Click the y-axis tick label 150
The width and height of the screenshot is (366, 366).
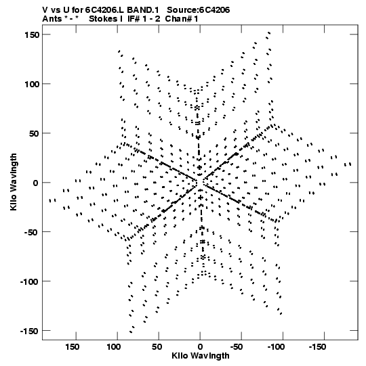click(x=32, y=35)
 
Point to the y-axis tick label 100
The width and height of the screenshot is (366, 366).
click(x=32, y=85)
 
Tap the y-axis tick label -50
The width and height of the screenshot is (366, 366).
click(x=30, y=232)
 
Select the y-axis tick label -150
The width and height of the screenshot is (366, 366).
click(x=29, y=331)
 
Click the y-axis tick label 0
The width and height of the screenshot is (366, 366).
click(x=35, y=183)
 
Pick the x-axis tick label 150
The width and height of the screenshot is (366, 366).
click(x=72, y=347)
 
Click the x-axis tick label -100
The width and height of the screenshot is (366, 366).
click(x=276, y=347)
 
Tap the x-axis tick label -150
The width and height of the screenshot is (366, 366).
click(x=317, y=347)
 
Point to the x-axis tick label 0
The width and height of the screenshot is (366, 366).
click(x=200, y=347)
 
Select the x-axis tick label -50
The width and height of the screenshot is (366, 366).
click(x=237, y=347)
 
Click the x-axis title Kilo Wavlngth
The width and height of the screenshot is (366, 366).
click(x=201, y=356)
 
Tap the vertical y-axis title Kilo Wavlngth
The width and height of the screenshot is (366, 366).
click(x=14, y=182)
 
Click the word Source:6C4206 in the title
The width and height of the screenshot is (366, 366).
click(x=199, y=10)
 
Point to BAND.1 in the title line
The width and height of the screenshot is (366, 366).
click(x=143, y=10)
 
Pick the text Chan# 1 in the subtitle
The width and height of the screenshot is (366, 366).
click(x=182, y=19)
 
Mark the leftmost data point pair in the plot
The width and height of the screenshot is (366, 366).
click(x=52, y=200)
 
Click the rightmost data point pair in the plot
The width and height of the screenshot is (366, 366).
click(x=348, y=164)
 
